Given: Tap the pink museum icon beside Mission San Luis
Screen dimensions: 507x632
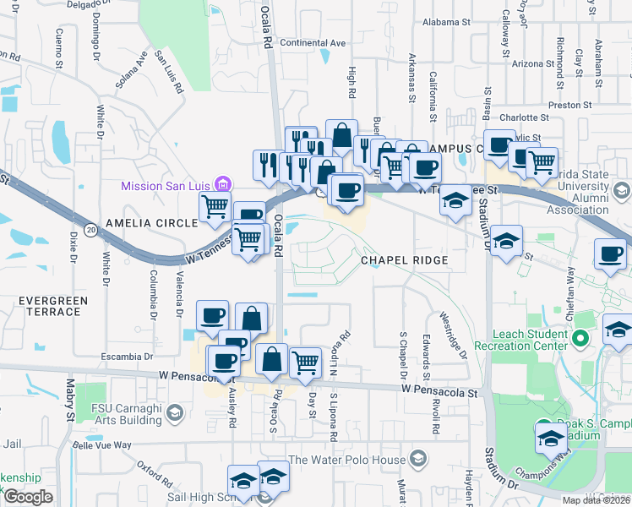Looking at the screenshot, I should coord(223,183).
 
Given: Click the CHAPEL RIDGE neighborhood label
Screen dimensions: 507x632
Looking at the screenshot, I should coord(403,260).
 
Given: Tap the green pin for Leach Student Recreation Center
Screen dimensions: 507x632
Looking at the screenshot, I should coord(580,340).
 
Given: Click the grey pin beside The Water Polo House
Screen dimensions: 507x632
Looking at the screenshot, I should coord(417,459).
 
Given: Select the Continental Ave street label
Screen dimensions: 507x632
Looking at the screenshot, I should coord(313,43).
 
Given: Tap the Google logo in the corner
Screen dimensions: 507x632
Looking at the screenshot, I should coord(29,497).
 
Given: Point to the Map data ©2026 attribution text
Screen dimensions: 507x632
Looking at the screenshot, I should coord(595,500).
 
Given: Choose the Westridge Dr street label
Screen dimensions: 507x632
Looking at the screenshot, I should coord(452,336).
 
